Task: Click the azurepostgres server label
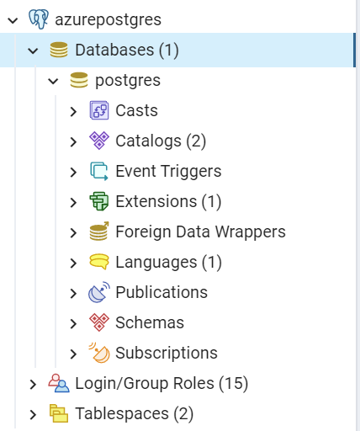coord(108,20)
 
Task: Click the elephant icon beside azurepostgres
coord(39,19)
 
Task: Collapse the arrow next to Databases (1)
coord(33,51)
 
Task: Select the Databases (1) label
coord(127,51)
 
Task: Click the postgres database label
coord(128,81)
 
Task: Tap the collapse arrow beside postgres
coord(53,81)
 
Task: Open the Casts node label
coord(137,110)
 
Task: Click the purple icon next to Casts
coord(99,110)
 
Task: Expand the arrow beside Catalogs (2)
coord(73,141)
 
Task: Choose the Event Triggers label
coord(168,171)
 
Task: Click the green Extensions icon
coord(99,201)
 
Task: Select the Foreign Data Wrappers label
coord(201,231)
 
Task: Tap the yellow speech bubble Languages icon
coord(99,262)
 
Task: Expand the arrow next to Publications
coord(73,293)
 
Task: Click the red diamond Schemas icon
coord(99,322)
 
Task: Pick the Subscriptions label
coord(167,353)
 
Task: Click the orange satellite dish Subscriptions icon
coord(99,353)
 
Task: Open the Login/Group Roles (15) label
coord(161,383)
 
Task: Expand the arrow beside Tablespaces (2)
coord(33,414)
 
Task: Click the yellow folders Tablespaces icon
coord(59,413)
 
